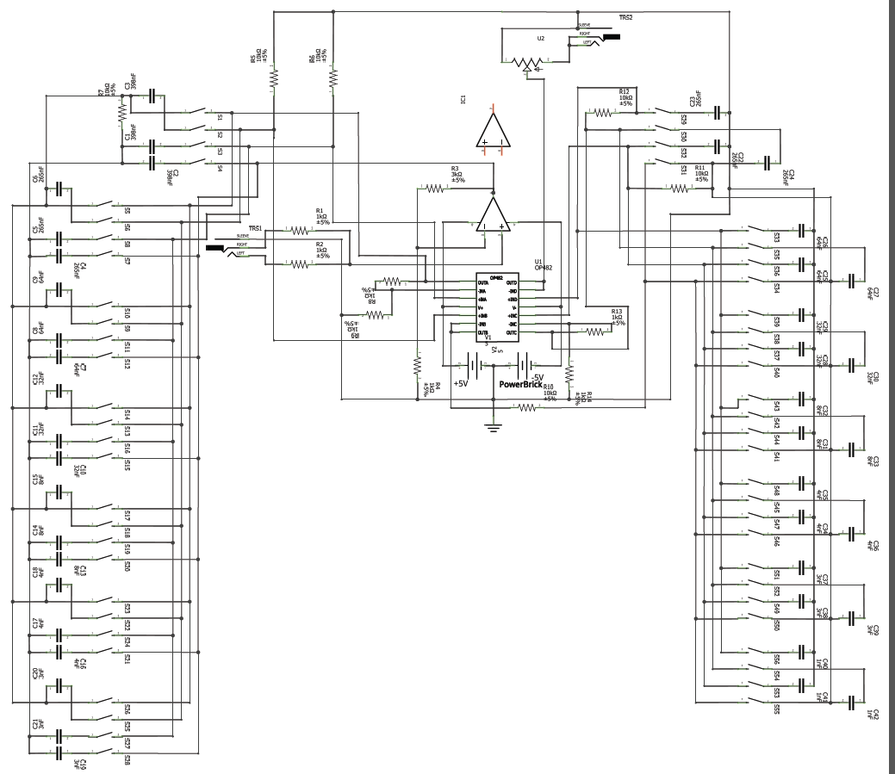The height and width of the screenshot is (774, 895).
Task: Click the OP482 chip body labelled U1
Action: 498,307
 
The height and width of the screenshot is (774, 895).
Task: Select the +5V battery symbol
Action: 472,365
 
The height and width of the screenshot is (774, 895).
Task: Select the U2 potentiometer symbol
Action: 525,63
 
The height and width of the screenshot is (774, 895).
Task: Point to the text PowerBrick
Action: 520,385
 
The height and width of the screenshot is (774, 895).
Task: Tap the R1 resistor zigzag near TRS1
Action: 299,231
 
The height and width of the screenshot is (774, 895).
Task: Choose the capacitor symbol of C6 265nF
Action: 59,189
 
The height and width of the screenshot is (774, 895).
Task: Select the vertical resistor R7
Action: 121,110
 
